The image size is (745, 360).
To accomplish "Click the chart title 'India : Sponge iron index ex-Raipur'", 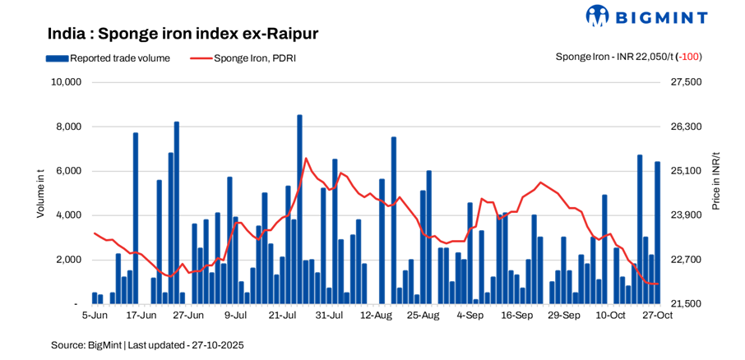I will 183,34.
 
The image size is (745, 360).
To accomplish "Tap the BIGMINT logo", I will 646,16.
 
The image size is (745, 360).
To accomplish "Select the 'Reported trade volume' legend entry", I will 108,58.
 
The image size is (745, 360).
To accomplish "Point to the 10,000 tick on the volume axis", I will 65,82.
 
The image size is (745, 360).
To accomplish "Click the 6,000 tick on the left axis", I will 67,171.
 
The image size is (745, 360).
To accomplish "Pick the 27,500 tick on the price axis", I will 687,82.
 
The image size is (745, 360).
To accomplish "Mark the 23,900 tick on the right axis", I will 687,215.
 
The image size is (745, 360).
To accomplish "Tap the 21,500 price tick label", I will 687,304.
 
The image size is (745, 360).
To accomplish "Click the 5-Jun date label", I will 95,315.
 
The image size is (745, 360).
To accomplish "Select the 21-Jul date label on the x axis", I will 282,315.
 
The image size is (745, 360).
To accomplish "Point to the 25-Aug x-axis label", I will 423,315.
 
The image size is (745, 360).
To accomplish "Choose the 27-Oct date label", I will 658,315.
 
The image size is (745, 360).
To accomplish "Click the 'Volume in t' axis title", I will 40,192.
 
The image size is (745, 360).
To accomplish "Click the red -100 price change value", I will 690,57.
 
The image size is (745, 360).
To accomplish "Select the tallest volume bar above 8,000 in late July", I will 299,210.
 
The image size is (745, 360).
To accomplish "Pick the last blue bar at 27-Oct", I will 657,233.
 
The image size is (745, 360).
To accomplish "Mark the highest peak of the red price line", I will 306,159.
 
